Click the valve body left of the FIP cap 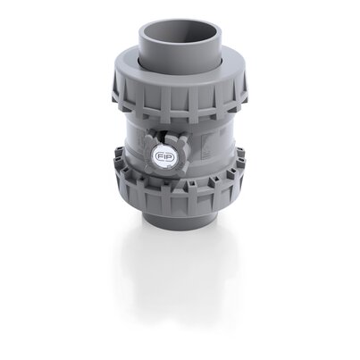(134, 147)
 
